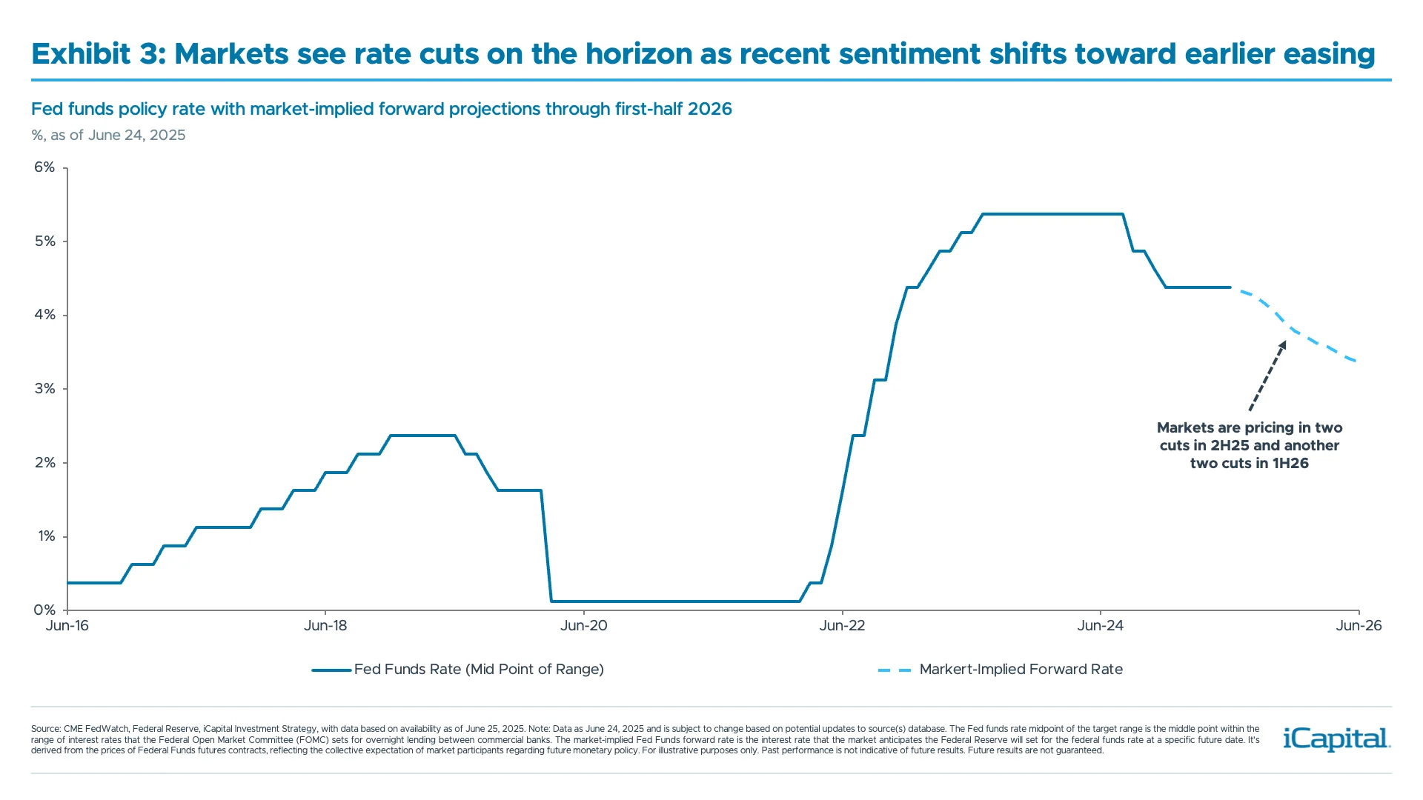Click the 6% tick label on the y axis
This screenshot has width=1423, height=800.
[x=44, y=167]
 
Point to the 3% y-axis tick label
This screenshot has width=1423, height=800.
[x=44, y=389]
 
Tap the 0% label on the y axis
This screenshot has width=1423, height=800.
[x=44, y=610]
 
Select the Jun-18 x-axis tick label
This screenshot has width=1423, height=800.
[x=325, y=626]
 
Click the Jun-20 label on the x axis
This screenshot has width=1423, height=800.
[x=583, y=626]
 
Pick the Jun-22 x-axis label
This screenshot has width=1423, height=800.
[x=842, y=626]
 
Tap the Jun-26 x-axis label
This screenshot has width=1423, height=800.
[x=1359, y=626]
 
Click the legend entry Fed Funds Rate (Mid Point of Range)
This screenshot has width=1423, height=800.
[x=479, y=670]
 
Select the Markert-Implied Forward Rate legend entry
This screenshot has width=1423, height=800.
[x=1021, y=670]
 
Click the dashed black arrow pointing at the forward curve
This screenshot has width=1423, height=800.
[x=1267, y=376]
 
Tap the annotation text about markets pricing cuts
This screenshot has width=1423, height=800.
[x=1250, y=445]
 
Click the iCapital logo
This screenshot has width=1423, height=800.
[x=1336, y=739]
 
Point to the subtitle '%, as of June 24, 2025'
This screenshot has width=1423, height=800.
[x=108, y=136]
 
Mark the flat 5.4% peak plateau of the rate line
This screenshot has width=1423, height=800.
[x=1052, y=214]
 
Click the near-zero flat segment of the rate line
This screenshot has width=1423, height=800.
[x=674, y=601]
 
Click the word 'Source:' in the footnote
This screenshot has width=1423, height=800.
[x=46, y=729]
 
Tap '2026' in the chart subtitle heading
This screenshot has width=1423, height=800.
[x=709, y=109]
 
